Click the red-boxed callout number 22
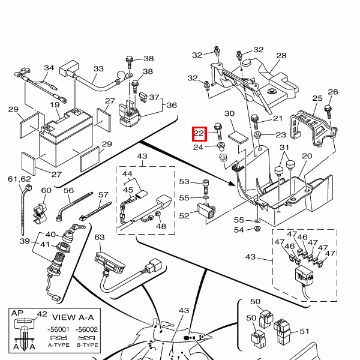coord(199,133)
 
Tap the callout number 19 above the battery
coord(55,105)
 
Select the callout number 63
coord(100,237)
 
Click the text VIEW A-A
coord(73,317)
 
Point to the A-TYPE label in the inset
coord(59,345)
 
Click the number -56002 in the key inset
coord(86,329)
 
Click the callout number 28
coord(281,56)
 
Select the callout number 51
coord(304,331)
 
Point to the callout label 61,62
coord(19,179)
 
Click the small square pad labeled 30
coord(238,137)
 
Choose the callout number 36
coord(172,106)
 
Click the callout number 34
coord(49,68)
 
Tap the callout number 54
coord(239,230)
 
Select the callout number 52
coord(184,216)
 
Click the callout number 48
coord(161,226)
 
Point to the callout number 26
coord(333,92)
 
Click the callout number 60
coord(46,190)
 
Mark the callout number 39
coord(25,241)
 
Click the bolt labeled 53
coord(206,187)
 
